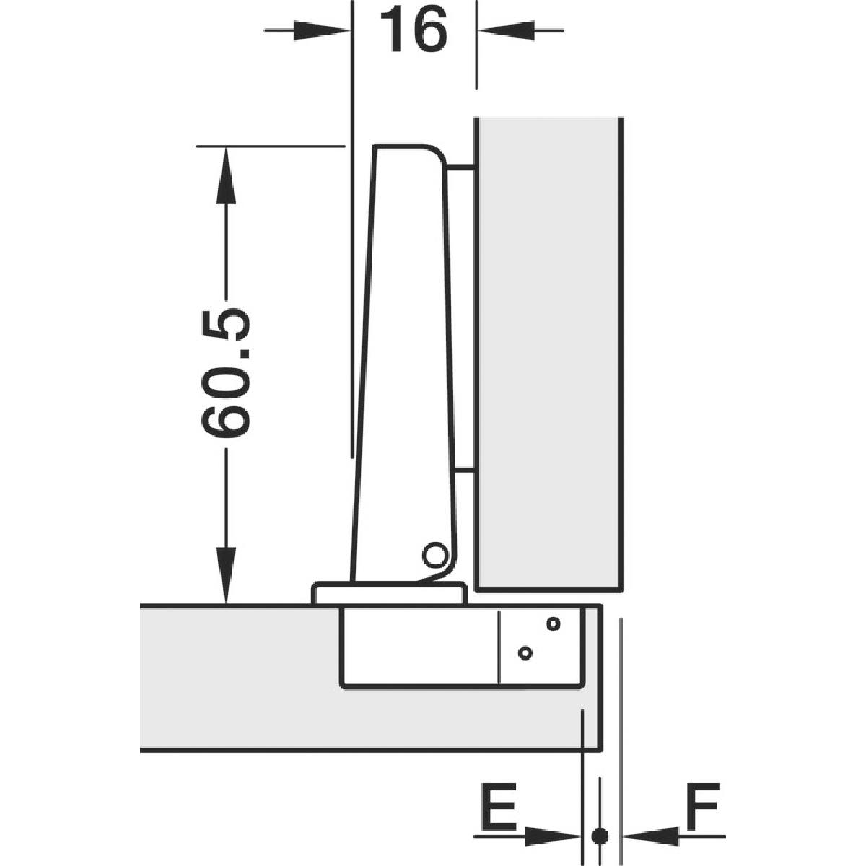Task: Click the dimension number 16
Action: point(414,30)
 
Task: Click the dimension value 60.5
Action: point(224,372)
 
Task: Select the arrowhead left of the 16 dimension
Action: point(322,30)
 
